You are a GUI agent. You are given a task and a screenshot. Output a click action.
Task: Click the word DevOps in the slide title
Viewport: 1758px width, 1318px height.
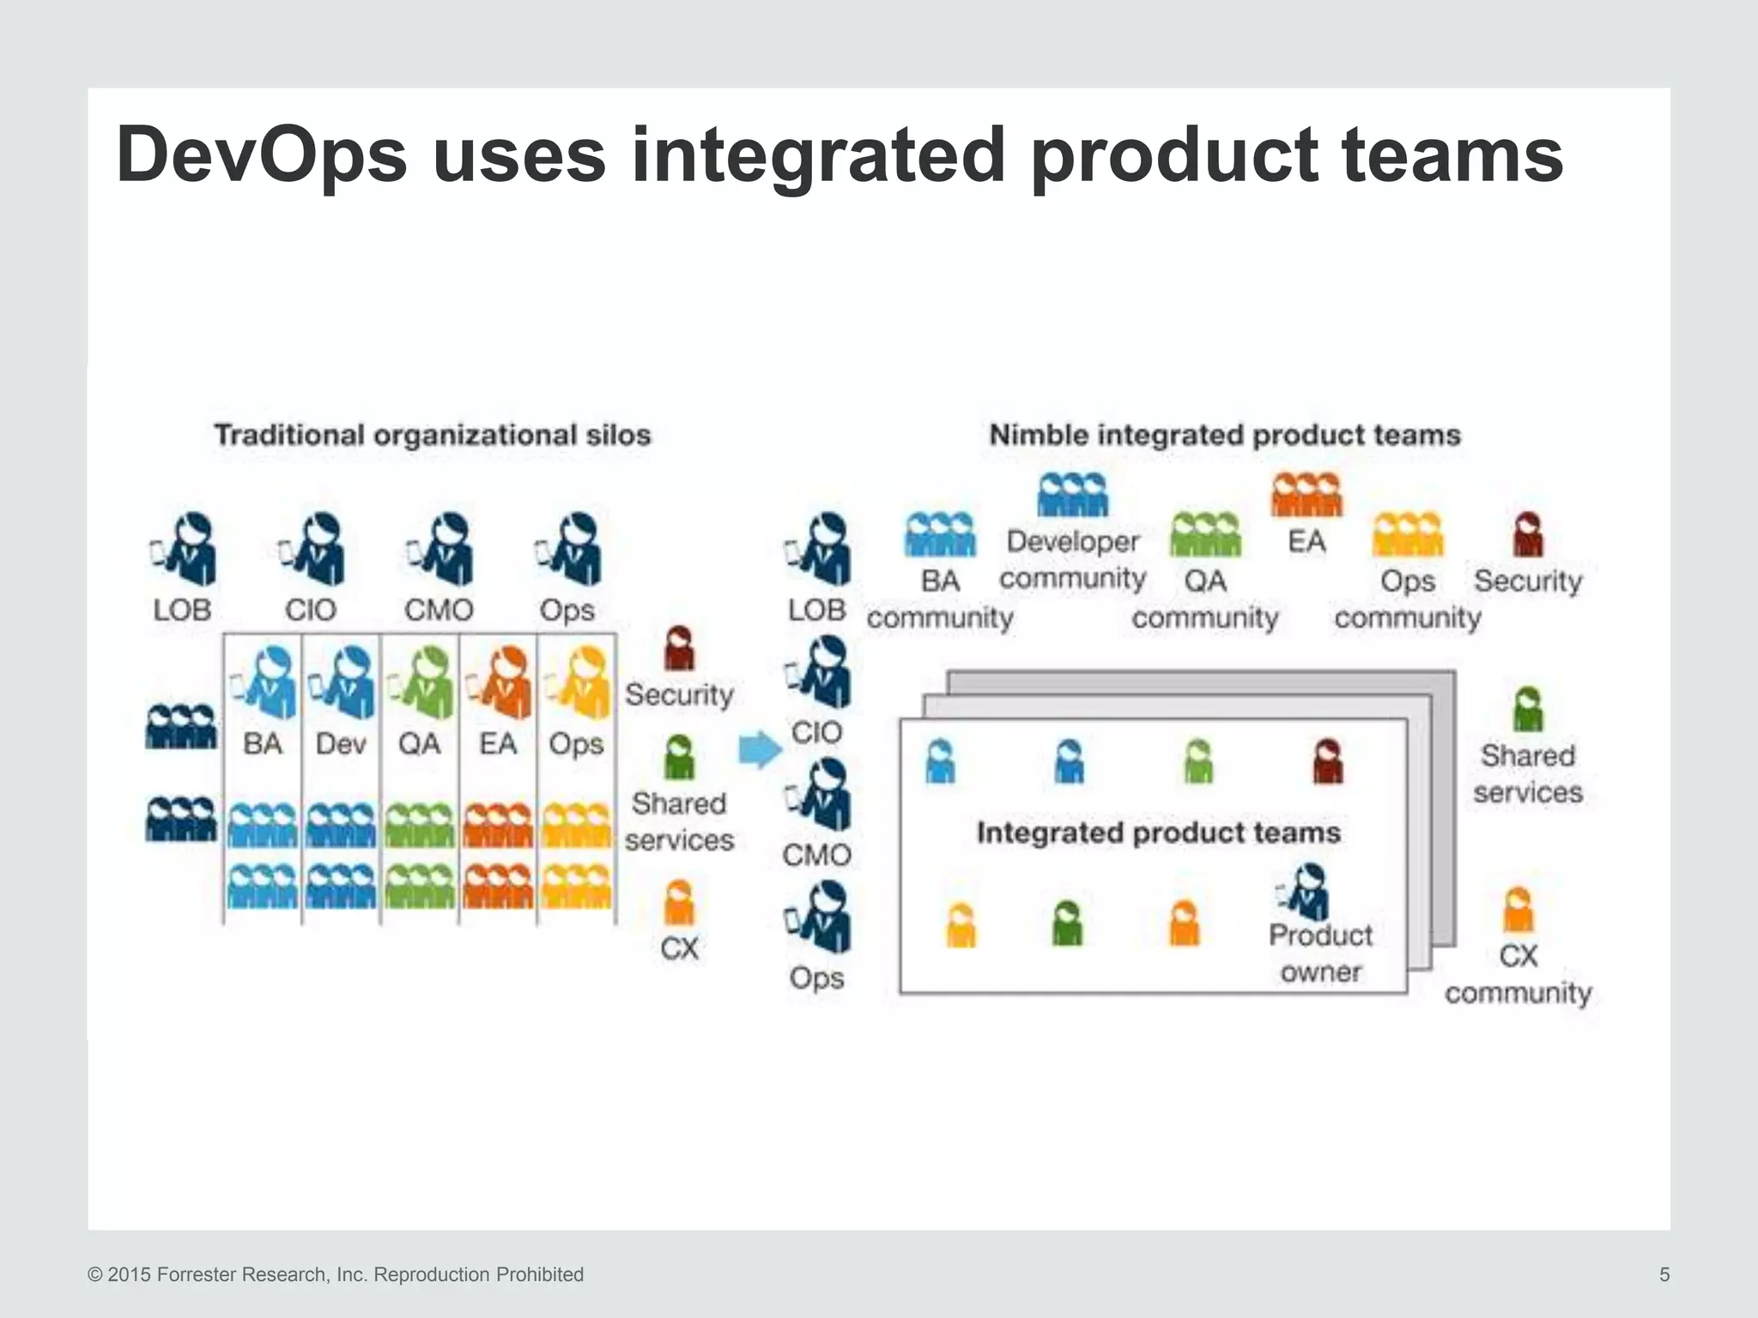[262, 156]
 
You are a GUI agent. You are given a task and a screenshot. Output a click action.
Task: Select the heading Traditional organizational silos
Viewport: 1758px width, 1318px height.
[433, 435]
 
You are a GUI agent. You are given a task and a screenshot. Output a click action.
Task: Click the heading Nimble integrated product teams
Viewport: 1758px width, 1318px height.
[1225, 435]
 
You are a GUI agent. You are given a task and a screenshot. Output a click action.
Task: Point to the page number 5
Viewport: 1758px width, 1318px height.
[1664, 1274]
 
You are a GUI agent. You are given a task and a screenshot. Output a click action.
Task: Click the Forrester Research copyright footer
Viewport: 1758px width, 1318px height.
[336, 1274]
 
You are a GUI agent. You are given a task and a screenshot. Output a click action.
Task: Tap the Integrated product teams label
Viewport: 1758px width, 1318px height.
[1158, 832]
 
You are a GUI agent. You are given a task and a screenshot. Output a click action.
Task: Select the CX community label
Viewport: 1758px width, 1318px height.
[1518, 974]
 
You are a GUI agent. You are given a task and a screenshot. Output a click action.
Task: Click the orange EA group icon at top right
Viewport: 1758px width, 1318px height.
[1306, 495]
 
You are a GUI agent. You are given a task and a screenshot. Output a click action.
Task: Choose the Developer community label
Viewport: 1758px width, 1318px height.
[1072, 559]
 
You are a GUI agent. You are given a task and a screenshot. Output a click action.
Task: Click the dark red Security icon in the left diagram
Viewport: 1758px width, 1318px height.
[679, 649]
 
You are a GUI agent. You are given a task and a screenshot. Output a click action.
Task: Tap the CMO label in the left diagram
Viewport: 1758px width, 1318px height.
[439, 610]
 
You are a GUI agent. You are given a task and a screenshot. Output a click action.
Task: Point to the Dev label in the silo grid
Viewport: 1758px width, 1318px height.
[341, 743]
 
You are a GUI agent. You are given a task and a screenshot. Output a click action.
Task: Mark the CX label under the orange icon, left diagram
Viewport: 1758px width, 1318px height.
[679, 948]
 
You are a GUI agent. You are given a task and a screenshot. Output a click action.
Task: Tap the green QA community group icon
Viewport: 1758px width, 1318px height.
[1205, 535]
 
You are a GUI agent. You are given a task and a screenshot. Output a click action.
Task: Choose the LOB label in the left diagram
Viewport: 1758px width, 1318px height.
[182, 610]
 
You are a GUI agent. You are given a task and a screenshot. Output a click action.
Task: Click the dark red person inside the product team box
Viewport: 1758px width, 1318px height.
[1328, 761]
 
